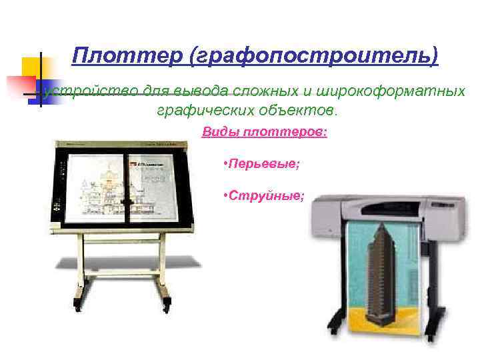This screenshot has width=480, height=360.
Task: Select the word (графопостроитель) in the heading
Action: coord(314,56)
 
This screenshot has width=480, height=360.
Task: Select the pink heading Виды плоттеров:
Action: coord(265,132)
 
